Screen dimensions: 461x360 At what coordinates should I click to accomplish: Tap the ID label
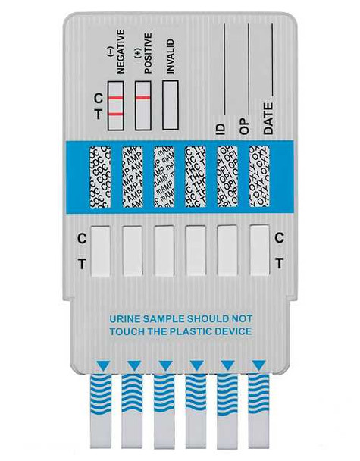click(x=221, y=129)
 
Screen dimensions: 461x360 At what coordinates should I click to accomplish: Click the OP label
click(x=245, y=129)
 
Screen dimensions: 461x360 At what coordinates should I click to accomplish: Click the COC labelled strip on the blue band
click(x=100, y=177)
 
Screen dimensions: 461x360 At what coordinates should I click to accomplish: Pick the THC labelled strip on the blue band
click(x=196, y=177)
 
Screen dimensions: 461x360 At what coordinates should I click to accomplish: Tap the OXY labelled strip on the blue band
click(x=259, y=177)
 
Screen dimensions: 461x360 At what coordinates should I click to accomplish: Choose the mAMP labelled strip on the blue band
click(x=164, y=177)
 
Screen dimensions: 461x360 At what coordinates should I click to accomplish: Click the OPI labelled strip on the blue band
click(x=227, y=177)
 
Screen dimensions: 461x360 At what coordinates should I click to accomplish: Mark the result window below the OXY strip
click(x=260, y=250)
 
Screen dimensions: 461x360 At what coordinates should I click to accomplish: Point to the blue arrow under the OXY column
click(x=259, y=365)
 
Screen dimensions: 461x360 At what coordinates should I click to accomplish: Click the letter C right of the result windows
click(x=279, y=237)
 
